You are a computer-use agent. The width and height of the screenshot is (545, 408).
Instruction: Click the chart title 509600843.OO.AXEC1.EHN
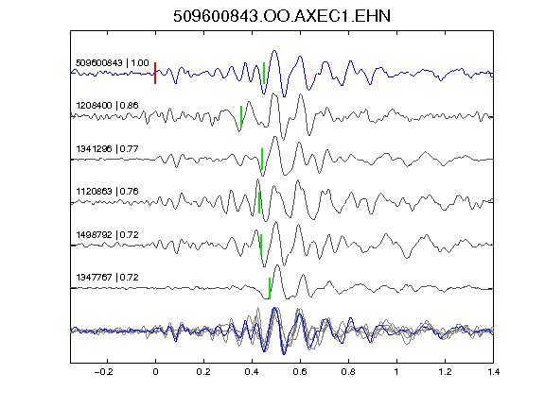tap(282, 16)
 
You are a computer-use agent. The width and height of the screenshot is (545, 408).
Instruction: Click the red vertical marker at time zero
tap(155, 73)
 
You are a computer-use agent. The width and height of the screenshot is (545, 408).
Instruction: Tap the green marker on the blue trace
tap(264, 73)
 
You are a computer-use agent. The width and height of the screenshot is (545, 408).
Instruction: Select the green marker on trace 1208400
tap(241, 116)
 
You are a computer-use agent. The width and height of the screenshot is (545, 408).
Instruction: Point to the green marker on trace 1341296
tap(262, 160)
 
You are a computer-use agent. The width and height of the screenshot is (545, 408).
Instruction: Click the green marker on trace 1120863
tap(259, 202)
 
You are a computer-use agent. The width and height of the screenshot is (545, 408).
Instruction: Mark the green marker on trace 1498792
tap(261, 246)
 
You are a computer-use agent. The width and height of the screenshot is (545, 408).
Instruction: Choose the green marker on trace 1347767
tap(270, 288)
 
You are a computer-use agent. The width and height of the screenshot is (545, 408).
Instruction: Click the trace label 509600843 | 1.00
tap(113, 63)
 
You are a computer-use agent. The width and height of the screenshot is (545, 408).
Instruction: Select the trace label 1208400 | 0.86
tap(108, 106)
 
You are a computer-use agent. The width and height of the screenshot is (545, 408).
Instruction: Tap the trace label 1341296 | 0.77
tap(108, 149)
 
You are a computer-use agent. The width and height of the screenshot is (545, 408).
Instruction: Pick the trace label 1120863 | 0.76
tap(108, 192)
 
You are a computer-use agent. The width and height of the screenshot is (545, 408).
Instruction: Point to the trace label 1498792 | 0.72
tap(108, 235)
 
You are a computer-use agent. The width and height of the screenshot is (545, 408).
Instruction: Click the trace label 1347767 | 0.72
tap(108, 278)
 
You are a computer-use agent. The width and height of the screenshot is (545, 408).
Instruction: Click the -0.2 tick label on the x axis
tap(104, 372)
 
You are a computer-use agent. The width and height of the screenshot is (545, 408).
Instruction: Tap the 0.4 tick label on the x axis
tap(252, 372)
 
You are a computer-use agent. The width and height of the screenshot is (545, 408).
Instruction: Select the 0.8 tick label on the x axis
tap(348, 372)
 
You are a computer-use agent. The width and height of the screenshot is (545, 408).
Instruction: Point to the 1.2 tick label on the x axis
tap(445, 372)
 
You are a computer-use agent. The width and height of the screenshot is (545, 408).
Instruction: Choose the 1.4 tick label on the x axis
tap(494, 372)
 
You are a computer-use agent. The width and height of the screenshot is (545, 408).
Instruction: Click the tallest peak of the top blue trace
tap(274, 51)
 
